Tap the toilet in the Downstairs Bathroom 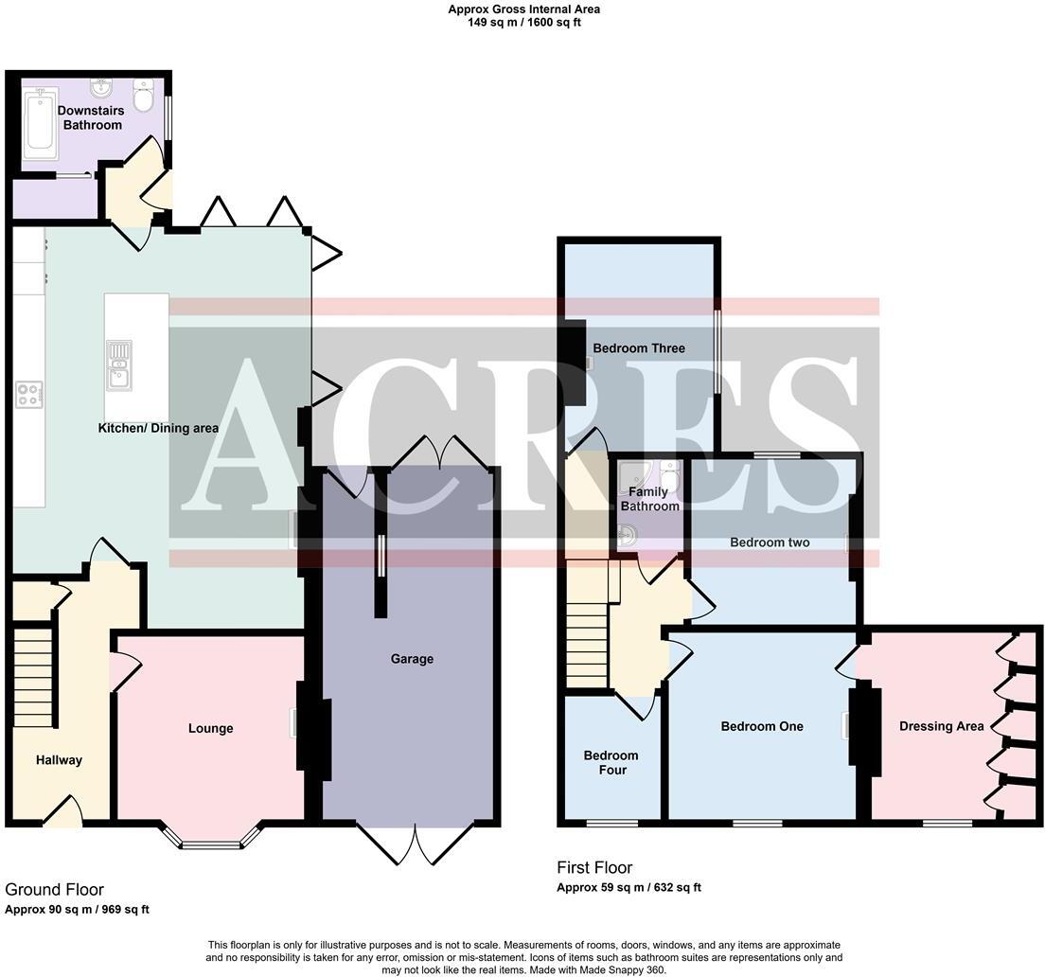click(144, 95)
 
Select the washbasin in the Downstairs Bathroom click(101, 88)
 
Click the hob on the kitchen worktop click(28, 394)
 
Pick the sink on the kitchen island click(119, 364)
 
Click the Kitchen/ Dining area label click(158, 428)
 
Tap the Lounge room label click(210, 728)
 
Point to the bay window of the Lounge click(211, 842)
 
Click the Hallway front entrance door click(62, 812)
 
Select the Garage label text click(412, 659)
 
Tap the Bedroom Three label click(638, 348)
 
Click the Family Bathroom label click(649, 499)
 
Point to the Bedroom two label click(770, 542)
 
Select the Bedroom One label click(762, 726)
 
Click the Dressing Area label click(941, 726)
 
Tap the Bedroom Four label click(611, 762)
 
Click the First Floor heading click(594, 867)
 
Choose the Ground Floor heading click(54, 889)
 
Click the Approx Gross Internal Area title click(523, 9)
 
